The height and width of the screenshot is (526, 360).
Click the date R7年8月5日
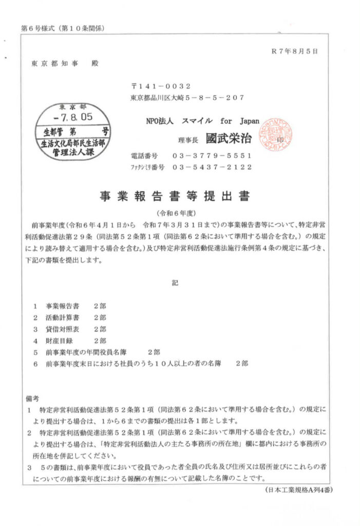(x=294, y=51)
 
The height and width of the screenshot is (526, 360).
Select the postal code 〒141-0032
(x=161, y=86)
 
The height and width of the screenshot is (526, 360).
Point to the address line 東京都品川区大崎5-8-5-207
(x=187, y=97)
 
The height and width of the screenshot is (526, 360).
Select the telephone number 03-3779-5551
(x=212, y=155)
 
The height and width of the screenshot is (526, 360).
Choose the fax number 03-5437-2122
(x=212, y=167)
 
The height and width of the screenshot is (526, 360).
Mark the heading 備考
(x=32, y=398)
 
